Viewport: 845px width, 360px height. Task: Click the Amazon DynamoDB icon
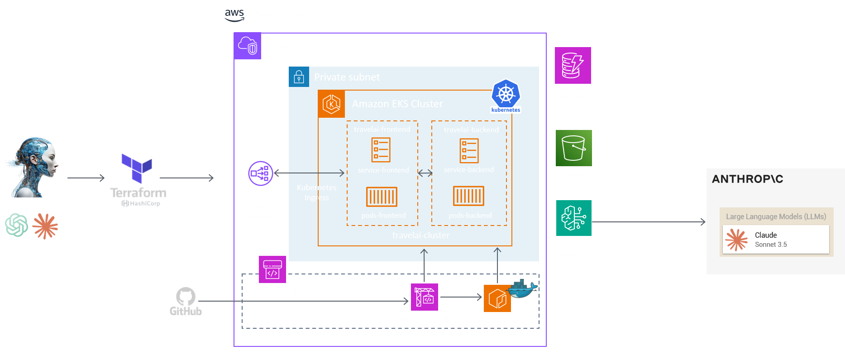coord(573,65)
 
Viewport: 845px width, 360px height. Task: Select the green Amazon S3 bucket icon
coord(573,148)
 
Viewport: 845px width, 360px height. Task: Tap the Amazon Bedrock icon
coord(573,218)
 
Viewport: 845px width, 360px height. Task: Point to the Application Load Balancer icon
coord(261,173)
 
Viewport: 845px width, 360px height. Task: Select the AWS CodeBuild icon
coord(424,297)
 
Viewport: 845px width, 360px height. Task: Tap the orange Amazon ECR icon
coord(497,298)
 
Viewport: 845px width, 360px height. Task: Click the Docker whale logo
coord(523,289)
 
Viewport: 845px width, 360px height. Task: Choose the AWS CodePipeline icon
coord(272,269)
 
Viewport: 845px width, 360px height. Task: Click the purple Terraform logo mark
coord(136,168)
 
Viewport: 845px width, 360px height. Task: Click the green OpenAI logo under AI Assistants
coord(16,225)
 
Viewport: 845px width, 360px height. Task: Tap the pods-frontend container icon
coord(382,197)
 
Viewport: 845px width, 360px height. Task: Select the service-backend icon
coord(469,151)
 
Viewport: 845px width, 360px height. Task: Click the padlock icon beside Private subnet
coord(299,77)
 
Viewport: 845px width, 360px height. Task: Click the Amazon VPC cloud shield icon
coord(248,46)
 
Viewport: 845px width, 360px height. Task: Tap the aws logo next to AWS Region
coord(234,15)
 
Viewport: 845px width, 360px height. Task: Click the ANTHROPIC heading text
coord(747,179)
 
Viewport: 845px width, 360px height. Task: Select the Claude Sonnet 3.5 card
coord(775,240)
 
